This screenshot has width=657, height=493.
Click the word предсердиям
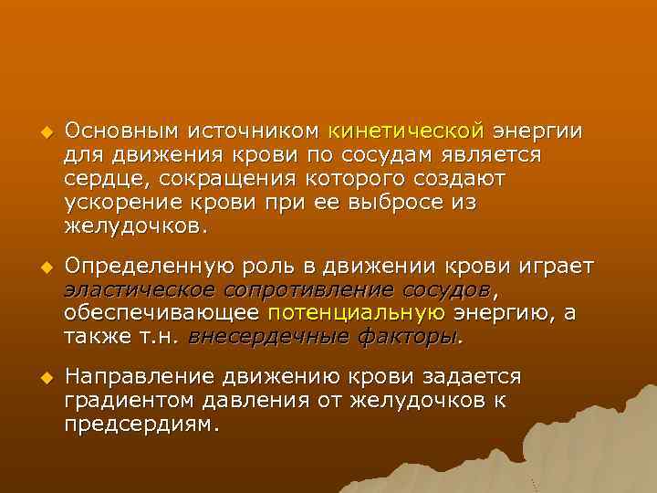[x=142, y=424]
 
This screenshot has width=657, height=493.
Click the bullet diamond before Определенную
[x=40, y=267]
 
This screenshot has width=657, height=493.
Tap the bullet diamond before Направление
[x=40, y=378]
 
